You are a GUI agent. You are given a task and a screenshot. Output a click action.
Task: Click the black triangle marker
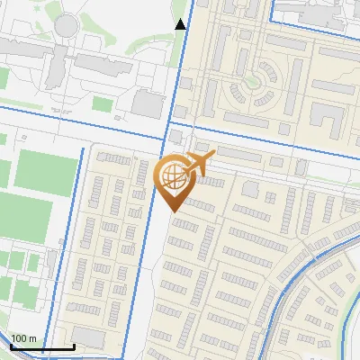tap(181, 24)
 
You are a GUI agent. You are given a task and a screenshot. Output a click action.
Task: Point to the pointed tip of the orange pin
tap(171, 211)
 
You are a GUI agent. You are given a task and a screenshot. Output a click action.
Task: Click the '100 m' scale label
tap(23, 338)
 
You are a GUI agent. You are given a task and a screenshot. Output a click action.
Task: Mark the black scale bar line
tap(41, 346)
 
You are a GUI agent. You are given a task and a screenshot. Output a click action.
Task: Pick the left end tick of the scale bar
tap(11, 344)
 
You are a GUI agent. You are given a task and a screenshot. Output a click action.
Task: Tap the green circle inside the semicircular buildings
tap(267, 70)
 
